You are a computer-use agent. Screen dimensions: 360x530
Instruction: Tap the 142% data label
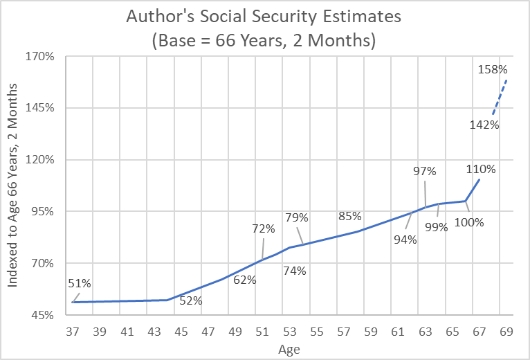point(484,125)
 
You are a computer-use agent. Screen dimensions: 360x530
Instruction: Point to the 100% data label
point(468,222)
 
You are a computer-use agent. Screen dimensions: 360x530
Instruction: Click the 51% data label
point(80,282)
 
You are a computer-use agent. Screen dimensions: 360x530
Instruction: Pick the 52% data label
point(191,300)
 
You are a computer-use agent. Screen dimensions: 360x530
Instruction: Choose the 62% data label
point(244,280)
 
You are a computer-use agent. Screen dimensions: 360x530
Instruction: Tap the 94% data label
point(405,240)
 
